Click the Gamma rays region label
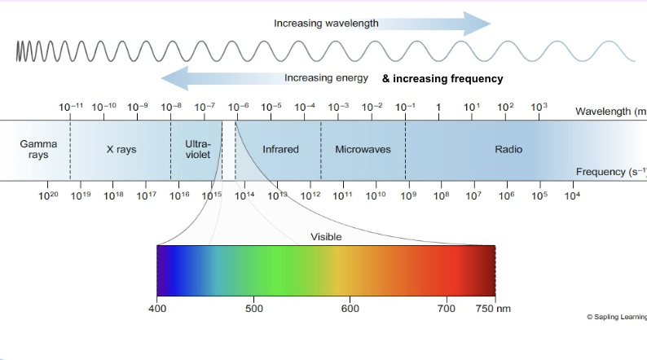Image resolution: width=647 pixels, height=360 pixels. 38,149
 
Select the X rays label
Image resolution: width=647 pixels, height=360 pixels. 121,150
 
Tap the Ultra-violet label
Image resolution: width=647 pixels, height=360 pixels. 197,149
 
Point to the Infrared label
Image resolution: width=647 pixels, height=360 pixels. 280,150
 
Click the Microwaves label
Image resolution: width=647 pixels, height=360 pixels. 363,150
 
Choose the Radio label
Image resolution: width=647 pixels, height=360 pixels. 508,150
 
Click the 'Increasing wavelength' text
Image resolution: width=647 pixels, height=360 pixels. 326,24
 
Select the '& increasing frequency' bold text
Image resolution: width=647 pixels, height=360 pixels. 442,79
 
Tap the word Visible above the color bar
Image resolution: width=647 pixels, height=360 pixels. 326,237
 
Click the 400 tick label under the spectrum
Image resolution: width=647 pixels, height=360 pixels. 157,309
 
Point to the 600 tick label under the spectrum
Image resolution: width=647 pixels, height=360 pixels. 350,309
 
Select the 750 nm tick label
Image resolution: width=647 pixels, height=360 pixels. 493,309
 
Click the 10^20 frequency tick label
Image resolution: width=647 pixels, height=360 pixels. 49,195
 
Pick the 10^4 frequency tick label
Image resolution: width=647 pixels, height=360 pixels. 572,195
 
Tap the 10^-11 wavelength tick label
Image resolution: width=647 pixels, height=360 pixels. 71,107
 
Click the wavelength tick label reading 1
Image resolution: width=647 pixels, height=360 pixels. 438,108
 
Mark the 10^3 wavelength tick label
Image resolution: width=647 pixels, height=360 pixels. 539,107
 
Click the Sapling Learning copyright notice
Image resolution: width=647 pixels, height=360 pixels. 616,316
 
